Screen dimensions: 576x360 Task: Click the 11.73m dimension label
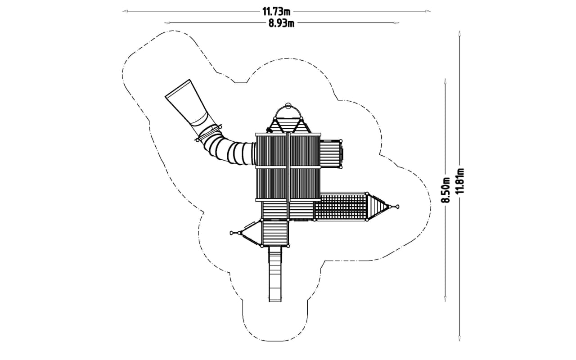coord(276,12)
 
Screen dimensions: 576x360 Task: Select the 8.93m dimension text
coord(282,23)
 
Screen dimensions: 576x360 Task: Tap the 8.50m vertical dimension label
coord(445,190)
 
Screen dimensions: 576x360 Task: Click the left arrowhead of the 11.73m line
coord(125,11)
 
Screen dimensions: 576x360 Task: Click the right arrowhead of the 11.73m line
coord(428,11)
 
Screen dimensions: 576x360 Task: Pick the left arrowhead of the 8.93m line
coord(167,23)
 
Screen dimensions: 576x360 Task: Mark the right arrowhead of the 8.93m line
coord(396,23)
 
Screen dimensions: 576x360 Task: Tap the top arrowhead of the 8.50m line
coord(445,81)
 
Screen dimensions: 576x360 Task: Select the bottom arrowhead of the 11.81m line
coord(459,338)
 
